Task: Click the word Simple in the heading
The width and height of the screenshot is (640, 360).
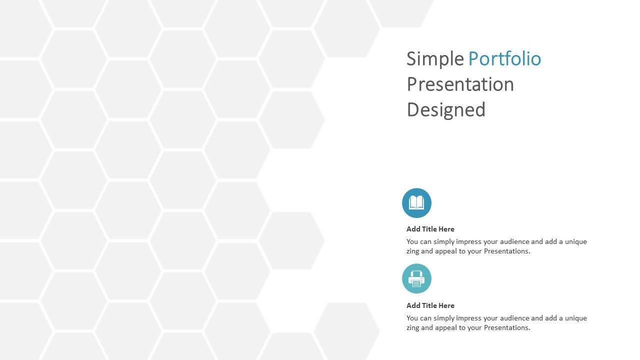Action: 435,59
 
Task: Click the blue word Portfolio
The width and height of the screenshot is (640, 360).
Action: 504,58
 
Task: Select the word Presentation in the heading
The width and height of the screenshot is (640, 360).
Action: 460,84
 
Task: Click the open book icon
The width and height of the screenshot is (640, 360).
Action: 416,203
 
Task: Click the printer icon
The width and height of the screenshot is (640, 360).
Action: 416,278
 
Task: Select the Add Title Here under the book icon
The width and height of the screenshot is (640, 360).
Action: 430,229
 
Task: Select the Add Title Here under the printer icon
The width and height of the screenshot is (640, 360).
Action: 430,305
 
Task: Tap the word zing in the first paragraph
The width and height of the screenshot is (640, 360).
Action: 412,251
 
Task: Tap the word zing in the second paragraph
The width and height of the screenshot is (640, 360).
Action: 412,328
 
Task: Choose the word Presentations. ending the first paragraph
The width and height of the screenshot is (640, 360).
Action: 507,251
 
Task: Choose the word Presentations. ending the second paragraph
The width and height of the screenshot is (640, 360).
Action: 507,327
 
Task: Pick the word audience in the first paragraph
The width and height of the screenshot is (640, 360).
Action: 515,241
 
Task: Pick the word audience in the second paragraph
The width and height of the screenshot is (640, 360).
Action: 515,318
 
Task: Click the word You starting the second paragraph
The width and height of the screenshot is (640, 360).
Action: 412,318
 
